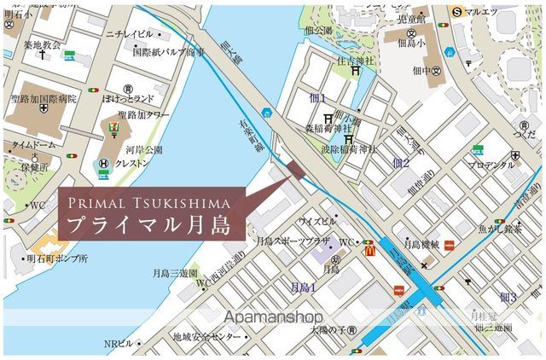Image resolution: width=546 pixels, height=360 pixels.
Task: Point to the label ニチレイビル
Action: [129, 33]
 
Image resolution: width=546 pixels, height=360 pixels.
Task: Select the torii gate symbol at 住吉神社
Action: [354, 71]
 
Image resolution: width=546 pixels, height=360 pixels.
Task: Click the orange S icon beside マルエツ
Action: [457, 11]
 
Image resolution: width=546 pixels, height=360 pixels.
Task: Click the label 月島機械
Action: [421, 244]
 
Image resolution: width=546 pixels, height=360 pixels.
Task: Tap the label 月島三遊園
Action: [175, 273]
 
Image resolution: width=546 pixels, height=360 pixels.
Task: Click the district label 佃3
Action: [508, 297]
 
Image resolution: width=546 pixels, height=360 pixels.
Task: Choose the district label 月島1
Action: [303, 287]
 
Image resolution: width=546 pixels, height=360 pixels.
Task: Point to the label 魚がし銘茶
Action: [501, 229]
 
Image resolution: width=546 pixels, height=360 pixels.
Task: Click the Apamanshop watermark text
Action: [272, 316]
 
